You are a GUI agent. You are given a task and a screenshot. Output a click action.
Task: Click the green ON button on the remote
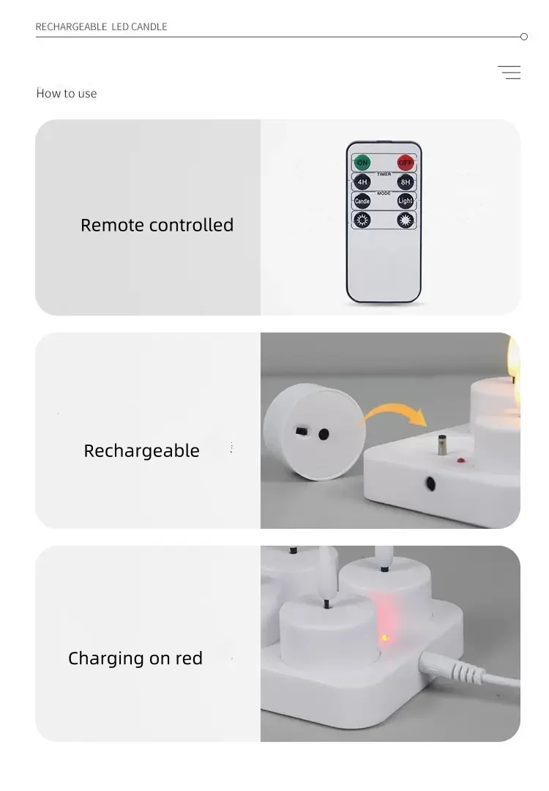tap(362, 163)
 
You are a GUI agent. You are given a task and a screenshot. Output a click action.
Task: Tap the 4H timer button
tap(362, 182)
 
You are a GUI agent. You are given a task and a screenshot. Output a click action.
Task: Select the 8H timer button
tap(406, 182)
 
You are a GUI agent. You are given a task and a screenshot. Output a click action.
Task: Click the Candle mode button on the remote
tap(362, 201)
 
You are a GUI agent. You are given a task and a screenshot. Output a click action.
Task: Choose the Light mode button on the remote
tap(406, 201)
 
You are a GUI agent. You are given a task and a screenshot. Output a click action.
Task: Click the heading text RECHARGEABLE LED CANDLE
tap(102, 27)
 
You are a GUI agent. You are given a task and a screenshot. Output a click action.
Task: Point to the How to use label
tap(67, 94)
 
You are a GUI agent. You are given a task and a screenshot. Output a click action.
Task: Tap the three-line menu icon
tap(509, 73)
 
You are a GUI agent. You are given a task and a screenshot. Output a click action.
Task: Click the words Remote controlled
tap(157, 225)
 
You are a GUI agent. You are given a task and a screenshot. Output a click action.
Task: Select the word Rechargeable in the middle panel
tap(141, 450)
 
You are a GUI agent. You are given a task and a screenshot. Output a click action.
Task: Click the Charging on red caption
tap(135, 658)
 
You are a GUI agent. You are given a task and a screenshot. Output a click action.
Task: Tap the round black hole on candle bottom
tap(324, 434)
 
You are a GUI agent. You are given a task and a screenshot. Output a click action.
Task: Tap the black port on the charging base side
tap(430, 484)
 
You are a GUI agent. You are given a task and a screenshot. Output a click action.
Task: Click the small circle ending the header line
tap(523, 37)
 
